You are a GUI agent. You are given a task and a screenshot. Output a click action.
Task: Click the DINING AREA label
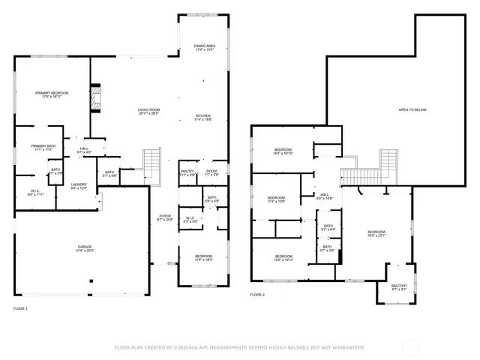tap(205, 46)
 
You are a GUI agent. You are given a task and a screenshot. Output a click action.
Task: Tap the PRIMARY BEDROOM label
tap(52, 93)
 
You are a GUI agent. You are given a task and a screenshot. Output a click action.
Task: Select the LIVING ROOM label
tap(148, 110)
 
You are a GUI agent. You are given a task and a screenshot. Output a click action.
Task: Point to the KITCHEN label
tap(203, 115)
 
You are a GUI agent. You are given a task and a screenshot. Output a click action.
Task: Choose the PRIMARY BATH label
tap(43, 145)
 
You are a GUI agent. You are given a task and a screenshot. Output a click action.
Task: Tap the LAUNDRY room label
tap(79, 184)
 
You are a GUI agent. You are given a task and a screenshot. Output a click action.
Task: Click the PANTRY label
tap(187, 172)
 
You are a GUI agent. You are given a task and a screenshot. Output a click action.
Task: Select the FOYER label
tap(164, 216)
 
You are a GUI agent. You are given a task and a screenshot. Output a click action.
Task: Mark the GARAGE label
tap(84, 247)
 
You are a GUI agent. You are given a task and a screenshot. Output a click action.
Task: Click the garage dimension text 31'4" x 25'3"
tap(84, 250)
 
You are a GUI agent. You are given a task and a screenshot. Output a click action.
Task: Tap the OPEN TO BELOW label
tap(412, 109)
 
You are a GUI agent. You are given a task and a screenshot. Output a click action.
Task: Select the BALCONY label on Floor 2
tap(399, 285)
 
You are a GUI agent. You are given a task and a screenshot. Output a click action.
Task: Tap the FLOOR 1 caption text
tap(20, 308)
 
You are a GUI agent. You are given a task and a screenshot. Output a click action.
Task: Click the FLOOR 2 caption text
tap(257, 295)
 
